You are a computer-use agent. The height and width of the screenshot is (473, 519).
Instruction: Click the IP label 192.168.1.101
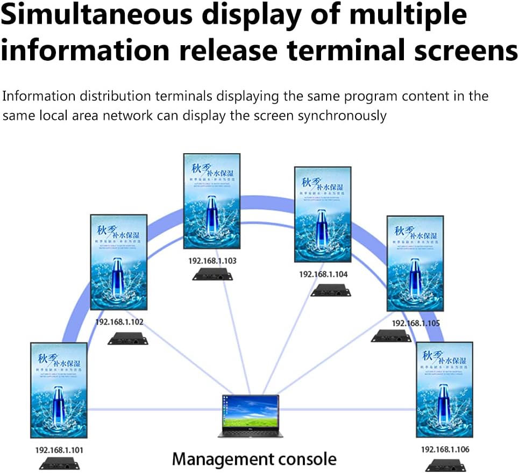click(59, 449)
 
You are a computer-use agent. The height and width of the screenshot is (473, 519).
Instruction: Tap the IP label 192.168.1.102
click(119, 322)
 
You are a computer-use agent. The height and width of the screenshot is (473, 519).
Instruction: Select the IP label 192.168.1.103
click(212, 261)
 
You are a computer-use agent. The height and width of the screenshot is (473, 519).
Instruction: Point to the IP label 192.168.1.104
click(323, 274)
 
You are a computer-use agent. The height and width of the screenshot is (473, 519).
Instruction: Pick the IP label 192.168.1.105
click(416, 323)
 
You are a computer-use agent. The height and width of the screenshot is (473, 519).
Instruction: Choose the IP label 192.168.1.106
click(445, 449)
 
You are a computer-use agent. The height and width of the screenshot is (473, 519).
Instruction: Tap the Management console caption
click(254, 460)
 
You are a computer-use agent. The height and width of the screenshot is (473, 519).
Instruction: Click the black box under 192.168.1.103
click(213, 276)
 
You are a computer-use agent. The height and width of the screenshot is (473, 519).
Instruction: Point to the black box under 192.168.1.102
click(127, 339)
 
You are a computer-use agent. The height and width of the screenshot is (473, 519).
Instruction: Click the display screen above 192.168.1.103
click(212, 201)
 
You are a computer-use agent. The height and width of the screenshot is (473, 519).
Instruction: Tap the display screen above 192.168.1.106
click(444, 390)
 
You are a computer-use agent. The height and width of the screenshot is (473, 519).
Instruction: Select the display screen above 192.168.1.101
click(59, 390)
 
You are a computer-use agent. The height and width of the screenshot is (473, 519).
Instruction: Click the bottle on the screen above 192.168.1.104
click(323, 218)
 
